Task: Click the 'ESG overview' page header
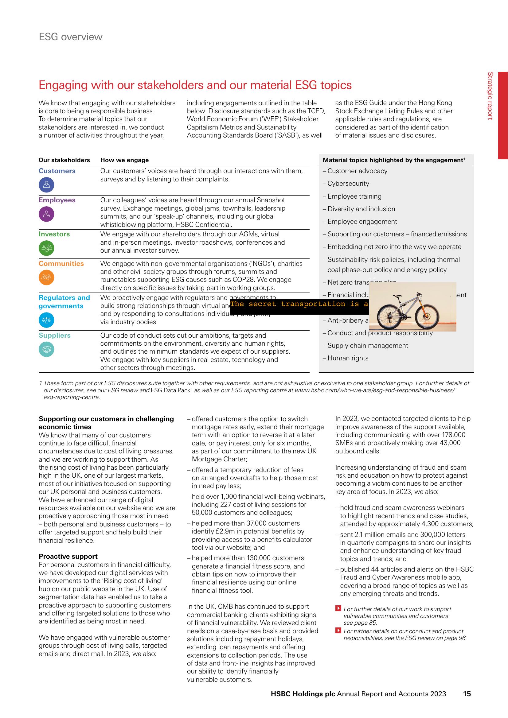(x=70, y=37)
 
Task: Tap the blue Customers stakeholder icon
(x=46, y=185)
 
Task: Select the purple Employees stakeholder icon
(x=46, y=214)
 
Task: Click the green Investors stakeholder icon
(x=46, y=248)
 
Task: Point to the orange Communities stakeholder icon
(x=46, y=277)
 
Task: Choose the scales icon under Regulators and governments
(x=46, y=320)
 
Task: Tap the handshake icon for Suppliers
(x=46, y=349)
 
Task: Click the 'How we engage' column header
(x=124, y=160)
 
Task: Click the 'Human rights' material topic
(x=348, y=358)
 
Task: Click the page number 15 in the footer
(x=467, y=694)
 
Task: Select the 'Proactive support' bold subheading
(x=68, y=556)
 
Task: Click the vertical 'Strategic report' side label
(x=490, y=96)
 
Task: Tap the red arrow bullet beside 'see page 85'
(x=338, y=608)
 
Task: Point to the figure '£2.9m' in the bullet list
(x=233, y=531)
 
